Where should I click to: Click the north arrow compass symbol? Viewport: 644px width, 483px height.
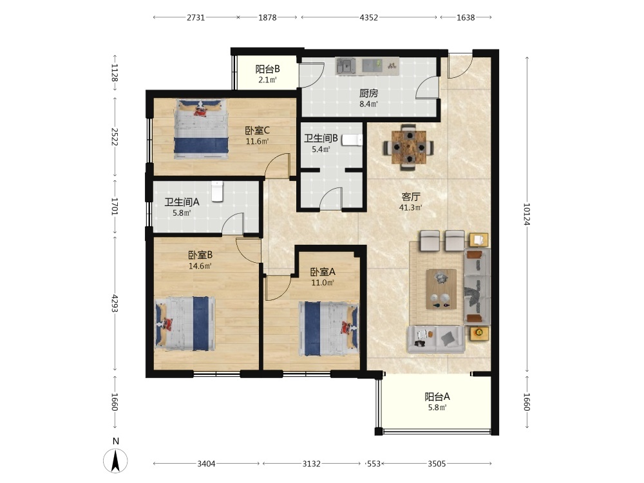click(x=115, y=460)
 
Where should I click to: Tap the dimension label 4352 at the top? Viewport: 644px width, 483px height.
click(x=368, y=17)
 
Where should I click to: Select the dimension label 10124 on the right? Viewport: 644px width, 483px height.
click(x=527, y=214)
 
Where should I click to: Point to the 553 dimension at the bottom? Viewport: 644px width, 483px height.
click(x=374, y=464)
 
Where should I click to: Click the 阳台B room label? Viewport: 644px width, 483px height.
click(x=267, y=69)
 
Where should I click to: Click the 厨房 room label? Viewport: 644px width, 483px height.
click(x=368, y=93)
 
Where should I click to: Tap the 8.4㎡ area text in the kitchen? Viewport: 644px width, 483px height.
click(x=368, y=104)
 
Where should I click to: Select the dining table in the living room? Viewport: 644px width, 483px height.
click(x=409, y=147)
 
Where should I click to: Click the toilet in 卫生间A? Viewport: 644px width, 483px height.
click(x=217, y=191)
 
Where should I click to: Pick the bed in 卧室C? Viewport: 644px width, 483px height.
click(x=201, y=129)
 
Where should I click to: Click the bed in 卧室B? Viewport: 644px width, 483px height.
click(x=185, y=324)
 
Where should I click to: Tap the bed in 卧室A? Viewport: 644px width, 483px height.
click(x=328, y=329)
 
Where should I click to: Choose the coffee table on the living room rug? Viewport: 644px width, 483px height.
click(x=441, y=289)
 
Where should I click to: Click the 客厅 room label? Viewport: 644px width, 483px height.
click(x=411, y=196)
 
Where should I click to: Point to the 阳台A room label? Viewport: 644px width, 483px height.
click(x=437, y=397)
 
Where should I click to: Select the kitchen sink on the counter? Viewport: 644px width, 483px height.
click(x=346, y=66)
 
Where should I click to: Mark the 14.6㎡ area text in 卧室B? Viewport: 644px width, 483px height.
click(x=200, y=266)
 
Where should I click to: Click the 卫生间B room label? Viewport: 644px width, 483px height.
click(x=321, y=138)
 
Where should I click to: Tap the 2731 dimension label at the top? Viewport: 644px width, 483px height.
click(x=196, y=17)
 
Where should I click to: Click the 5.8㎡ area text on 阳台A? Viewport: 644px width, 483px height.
click(x=437, y=408)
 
